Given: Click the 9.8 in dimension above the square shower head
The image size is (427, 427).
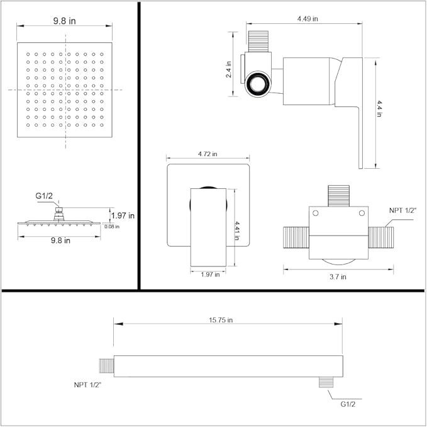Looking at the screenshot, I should pyautogui.click(x=64, y=20).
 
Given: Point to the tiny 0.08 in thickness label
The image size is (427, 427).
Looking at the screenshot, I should pyautogui.click(x=112, y=226).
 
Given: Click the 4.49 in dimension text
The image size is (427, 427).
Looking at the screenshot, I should pyautogui.click(x=309, y=20).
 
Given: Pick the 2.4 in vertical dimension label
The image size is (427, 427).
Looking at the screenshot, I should pyautogui.click(x=229, y=69).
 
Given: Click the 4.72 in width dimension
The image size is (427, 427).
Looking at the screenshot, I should pyautogui.click(x=208, y=154).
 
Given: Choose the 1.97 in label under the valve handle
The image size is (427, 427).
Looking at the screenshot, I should pyautogui.click(x=209, y=274).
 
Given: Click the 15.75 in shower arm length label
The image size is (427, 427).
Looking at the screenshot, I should pyautogui.click(x=221, y=320).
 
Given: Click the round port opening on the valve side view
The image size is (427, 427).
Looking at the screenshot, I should pyautogui.click(x=258, y=84).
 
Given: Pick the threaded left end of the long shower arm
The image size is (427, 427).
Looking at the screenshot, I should pyautogui.click(x=108, y=365).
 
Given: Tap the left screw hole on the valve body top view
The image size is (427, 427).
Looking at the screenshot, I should pyautogui.click(x=316, y=214).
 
